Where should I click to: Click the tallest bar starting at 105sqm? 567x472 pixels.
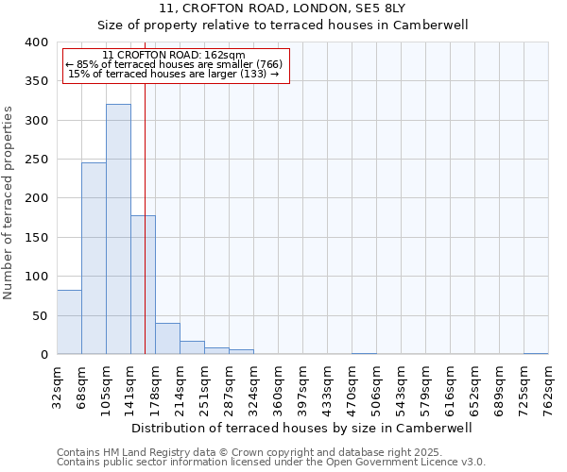pos(118,229)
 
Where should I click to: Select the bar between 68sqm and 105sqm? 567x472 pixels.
pos(94,259)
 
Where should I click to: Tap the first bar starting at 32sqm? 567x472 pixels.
pos(69,322)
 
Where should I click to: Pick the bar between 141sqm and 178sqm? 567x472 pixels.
pos(143,285)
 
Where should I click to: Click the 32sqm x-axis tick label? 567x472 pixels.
pos(58,385)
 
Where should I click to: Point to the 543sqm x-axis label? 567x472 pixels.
pos(401,385)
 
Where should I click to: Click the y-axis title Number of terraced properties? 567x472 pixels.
pos(9,202)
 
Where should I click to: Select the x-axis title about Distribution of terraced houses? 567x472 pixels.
pos(301,428)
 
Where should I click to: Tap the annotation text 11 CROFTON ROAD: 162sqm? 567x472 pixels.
pos(174,56)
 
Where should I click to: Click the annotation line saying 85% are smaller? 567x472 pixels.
pos(174,64)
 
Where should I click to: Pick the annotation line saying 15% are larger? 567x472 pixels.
pos(174,74)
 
